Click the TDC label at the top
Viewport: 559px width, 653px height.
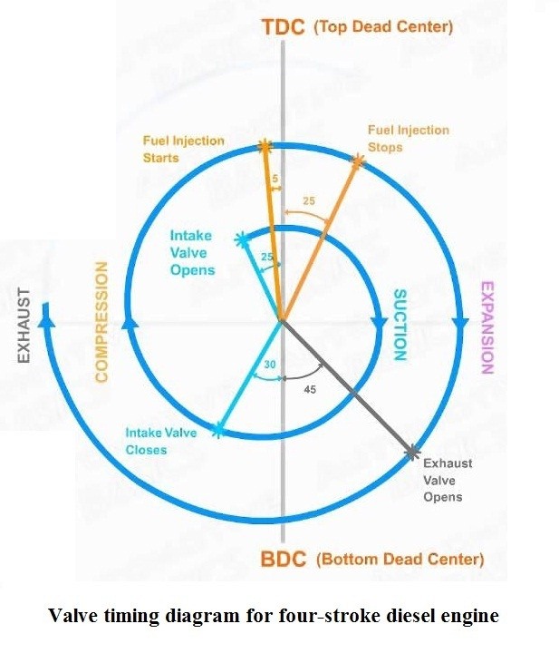pyautogui.click(x=284, y=26)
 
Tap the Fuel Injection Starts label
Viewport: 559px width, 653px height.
pyautogui.click(x=183, y=150)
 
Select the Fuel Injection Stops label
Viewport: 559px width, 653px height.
pyautogui.click(x=408, y=138)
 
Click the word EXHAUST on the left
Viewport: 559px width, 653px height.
pyautogui.click(x=24, y=326)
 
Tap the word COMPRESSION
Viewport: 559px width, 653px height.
pyautogui.click(x=101, y=322)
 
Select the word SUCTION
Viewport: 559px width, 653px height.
pyautogui.click(x=399, y=325)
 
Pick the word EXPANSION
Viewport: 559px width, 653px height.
pyautogui.click(x=487, y=327)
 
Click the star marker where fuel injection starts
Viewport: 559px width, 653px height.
pyautogui.click(x=265, y=145)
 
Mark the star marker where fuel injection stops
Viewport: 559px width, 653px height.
pyautogui.click(x=357, y=161)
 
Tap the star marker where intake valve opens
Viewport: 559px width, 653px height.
pyautogui.click(x=242, y=239)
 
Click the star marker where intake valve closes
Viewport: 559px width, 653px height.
pyautogui.click(x=217, y=430)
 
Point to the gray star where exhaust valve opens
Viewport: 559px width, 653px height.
pyautogui.click(x=412, y=450)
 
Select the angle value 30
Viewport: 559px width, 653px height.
pyautogui.click(x=269, y=364)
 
